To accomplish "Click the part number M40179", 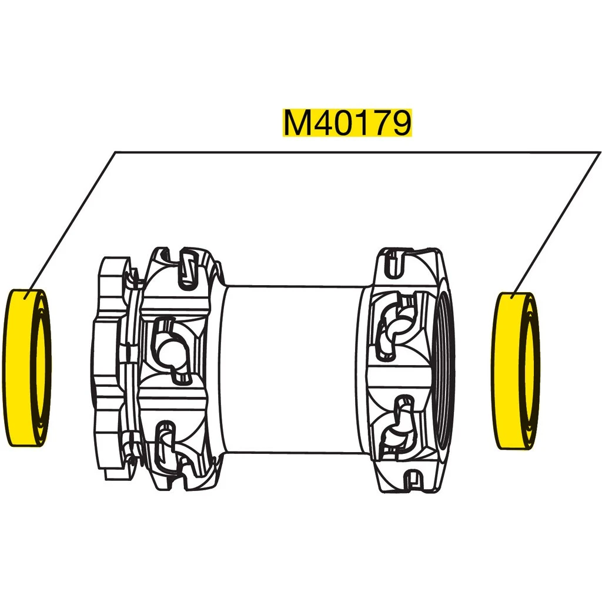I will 347,123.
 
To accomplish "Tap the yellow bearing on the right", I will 504,370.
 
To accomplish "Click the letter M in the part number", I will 296,123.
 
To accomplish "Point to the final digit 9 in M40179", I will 399,123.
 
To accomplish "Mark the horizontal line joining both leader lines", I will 353,153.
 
